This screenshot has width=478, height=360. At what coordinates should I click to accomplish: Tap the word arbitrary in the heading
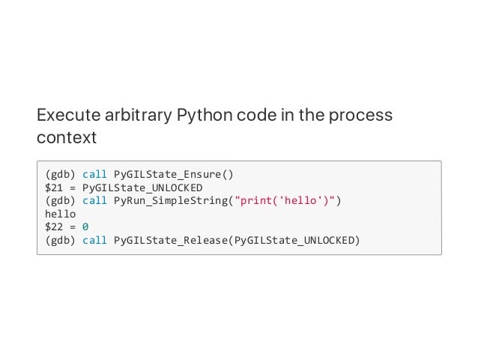[136, 117]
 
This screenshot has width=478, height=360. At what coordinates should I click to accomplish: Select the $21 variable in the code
[55, 187]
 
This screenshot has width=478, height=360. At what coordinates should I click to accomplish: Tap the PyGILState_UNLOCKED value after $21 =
[142, 187]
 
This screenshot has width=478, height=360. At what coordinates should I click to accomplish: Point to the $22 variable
[55, 227]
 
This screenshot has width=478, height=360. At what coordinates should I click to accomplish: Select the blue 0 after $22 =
[85, 227]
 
